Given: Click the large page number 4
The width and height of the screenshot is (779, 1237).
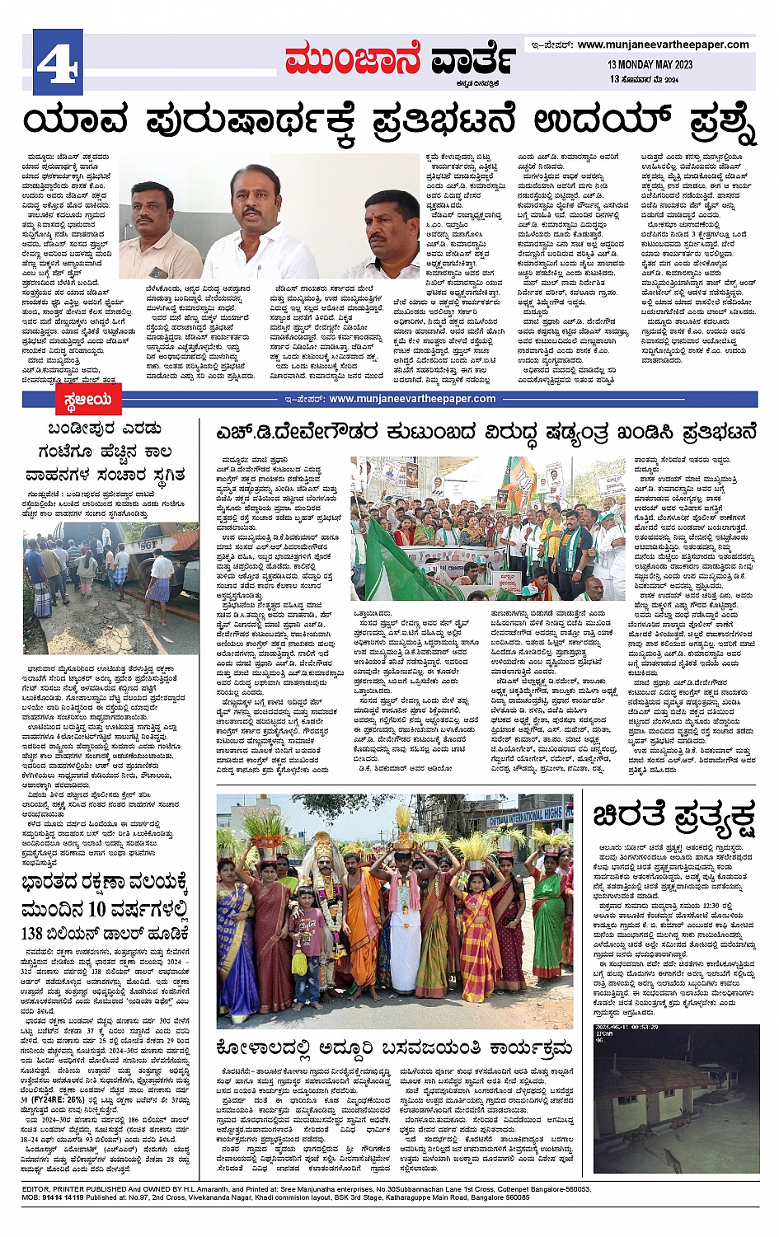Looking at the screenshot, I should click(x=58, y=63).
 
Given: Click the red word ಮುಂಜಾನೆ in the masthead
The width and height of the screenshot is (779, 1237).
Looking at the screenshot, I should click(x=353, y=60).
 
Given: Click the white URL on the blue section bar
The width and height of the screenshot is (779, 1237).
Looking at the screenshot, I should click(x=412, y=399).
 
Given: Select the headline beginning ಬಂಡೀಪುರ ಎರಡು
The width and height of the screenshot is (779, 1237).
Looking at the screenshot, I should click(x=104, y=429).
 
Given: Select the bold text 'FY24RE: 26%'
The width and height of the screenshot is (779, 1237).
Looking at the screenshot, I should click(x=62, y=1099).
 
